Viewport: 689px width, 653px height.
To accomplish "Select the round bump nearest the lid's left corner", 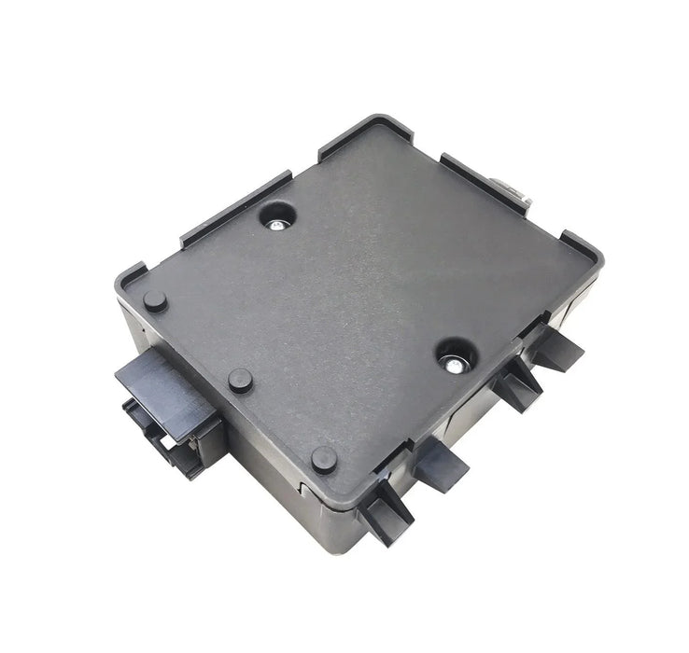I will point(155,301).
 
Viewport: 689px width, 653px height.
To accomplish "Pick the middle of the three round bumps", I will point(240,379).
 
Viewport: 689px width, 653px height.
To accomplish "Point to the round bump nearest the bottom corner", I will point(324,458).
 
